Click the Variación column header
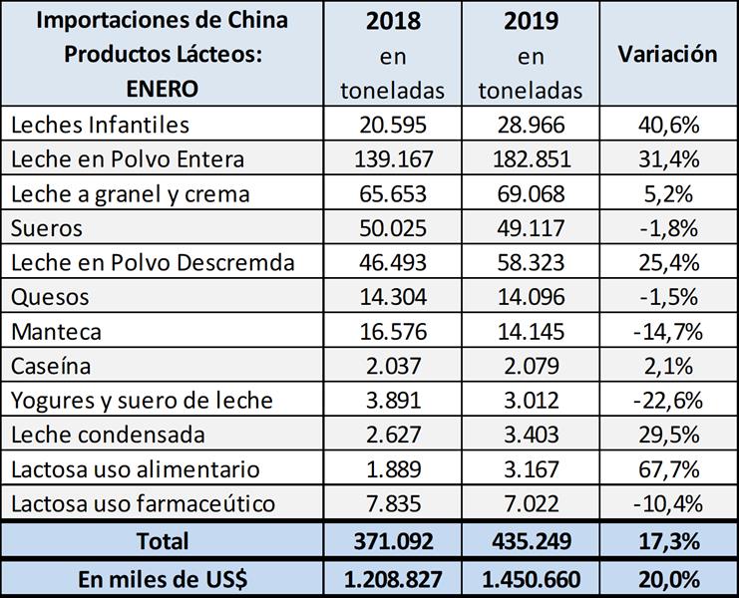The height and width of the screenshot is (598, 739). (667, 54)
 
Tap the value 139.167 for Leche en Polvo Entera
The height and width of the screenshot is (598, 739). (393, 159)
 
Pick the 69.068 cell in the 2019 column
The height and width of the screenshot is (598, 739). (530, 193)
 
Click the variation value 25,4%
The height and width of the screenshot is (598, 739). (667, 262)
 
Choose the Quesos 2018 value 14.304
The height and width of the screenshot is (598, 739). (393, 297)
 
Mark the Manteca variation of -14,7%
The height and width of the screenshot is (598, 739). (667, 331)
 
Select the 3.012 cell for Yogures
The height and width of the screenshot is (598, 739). (530, 401)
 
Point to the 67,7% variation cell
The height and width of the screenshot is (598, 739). (667, 469)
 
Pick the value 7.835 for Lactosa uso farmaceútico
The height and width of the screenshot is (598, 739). (393, 503)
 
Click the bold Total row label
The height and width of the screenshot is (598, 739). (164, 541)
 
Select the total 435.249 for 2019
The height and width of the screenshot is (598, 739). (530, 541)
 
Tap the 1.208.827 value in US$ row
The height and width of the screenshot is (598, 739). (393, 577)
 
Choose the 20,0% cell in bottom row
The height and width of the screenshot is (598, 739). (667, 577)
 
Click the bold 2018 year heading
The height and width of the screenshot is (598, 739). (393, 21)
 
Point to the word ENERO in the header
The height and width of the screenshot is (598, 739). (163, 88)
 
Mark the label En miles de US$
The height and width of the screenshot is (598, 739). (164, 577)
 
